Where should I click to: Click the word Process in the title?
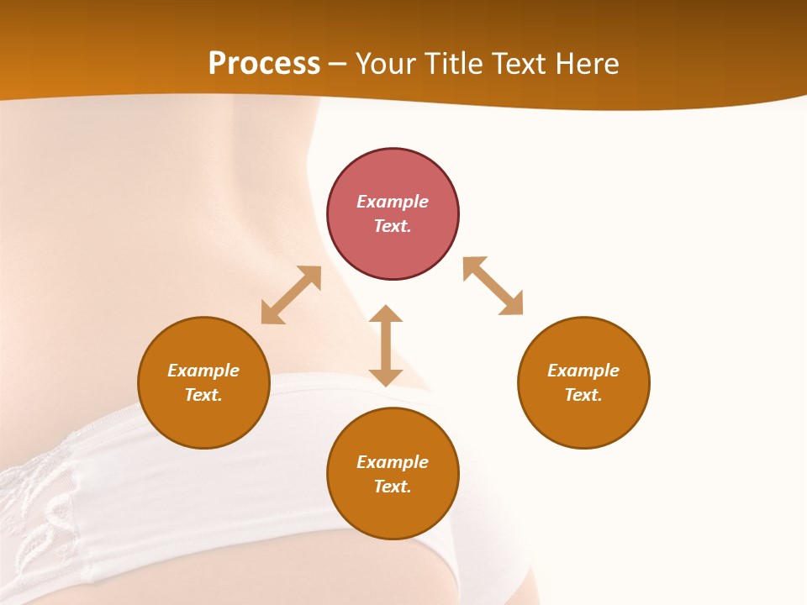264,64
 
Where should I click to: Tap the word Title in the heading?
456,64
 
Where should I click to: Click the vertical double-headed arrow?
386,345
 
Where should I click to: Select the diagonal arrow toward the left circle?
291,295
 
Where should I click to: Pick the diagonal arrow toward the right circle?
493,286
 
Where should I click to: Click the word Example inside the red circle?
393,202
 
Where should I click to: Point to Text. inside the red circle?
393,226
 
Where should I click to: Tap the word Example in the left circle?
203,371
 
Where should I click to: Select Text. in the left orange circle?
203,395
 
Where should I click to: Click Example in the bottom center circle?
393,462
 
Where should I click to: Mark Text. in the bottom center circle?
393,487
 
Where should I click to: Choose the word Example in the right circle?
583,371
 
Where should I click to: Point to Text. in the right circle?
583,395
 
